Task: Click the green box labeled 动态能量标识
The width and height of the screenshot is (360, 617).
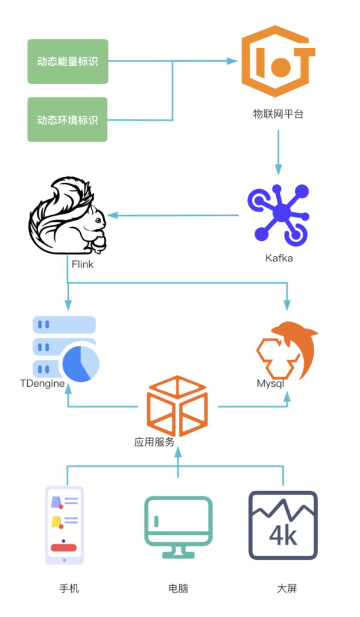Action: [x=68, y=61]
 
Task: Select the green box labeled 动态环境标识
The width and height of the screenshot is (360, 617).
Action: [x=68, y=119]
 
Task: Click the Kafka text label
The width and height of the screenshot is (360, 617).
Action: [x=279, y=258]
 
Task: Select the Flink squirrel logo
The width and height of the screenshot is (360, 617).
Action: [x=66, y=217]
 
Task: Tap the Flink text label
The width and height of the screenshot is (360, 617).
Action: [x=83, y=264]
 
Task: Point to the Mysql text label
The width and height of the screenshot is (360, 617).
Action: [x=270, y=383]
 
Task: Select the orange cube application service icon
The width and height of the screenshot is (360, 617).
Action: [x=177, y=405]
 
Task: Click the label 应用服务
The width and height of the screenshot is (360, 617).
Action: [x=154, y=442]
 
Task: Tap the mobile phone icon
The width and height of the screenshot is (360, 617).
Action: [x=64, y=525]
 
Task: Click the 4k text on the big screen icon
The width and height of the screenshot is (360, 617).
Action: [x=283, y=535]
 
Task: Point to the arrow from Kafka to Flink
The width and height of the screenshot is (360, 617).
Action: [x=175, y=215]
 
